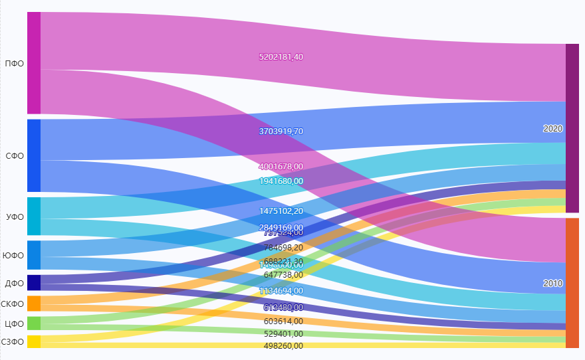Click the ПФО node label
tap(14, 64)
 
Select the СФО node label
tap(14, 156)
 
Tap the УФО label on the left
tap(14, 217)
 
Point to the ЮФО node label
tap(13, 256)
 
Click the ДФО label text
tap(14, 283)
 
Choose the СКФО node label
tap(13, 304)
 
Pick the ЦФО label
tap(14, 324)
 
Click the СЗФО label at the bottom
tap(13, 342)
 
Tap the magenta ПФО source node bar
tap(34, 63)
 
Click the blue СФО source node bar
tap(34, 155)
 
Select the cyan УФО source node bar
tap(34, 216)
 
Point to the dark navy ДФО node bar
tap(34, 282)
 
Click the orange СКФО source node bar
tap(34, 304)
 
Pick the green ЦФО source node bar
tap(34, 323)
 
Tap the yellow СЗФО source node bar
tap(34, 341)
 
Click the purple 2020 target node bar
tap(572, 128)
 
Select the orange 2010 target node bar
tap(572, 283)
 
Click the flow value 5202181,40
tap(281, 57)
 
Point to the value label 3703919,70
tap(281, 132)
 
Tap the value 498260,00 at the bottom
tap(283, 345)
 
